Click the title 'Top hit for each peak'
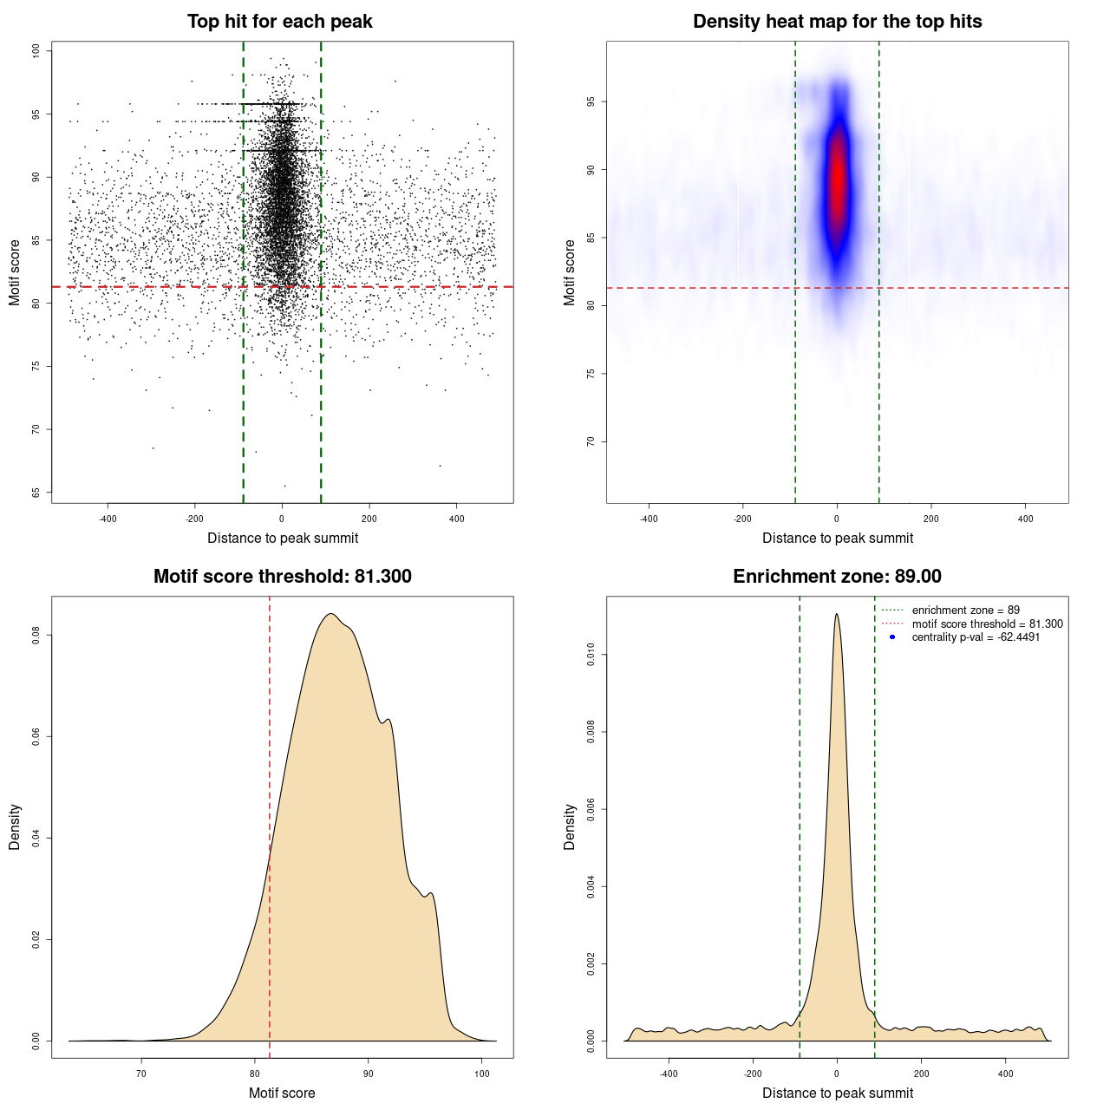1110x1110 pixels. pyautogui.click(x=279, y=22)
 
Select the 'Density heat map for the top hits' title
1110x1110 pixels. pyautogui.click(x=837, y=22)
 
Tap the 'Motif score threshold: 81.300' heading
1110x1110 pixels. pyautogui.click(x=282, y=577)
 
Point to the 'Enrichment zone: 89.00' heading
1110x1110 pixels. pyautogui.click(x=837, y=577)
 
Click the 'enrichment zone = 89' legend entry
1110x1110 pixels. pyautogui.click(x=965, y=610)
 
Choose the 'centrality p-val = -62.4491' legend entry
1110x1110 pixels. pyautogui.click(x=976, y=637)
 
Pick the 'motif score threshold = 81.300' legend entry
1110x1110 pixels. pyautogui.click(x=987, y=624)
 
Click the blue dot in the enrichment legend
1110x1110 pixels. pyautogui.click(x=892, y=637)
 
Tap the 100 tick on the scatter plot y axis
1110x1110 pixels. pyautogui.click(x=36, y=51)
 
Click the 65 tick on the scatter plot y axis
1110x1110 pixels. pyautogui.click(x=36, y=493)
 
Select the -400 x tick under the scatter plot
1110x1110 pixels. pyautogui.click(x=108, y=519)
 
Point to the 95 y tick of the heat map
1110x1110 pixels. pyautogui.click(x=591, y=101)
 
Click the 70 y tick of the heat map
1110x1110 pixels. pyautogui.click(x=591, y=441)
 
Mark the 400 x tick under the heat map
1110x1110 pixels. pyautogui.click(x=1025, y=519)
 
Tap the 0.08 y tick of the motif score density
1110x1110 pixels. pyautogui.click(x=36, y=636)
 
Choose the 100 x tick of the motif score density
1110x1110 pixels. pyautogui.click(x=482, y=1074)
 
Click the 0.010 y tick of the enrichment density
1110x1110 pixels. pyautogui.click(x=591, y=655)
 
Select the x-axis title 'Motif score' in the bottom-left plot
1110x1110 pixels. pyautogui.click(x=282, y=1093)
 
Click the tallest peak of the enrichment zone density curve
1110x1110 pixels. pyautogui.click(x=836, y=615)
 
